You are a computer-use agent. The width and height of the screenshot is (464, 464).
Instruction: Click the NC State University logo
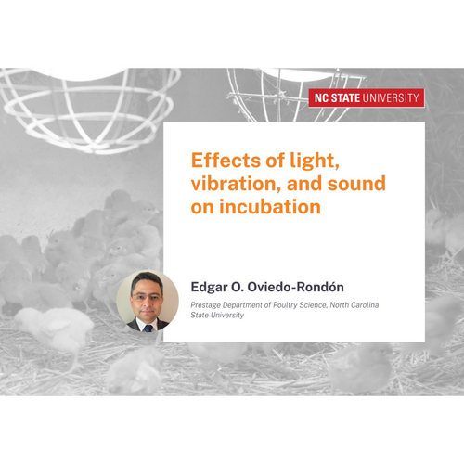tap(367, 98)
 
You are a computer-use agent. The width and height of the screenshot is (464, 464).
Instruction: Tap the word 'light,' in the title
tap(315, 161)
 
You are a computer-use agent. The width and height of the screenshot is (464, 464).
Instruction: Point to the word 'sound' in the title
tap(356, 184)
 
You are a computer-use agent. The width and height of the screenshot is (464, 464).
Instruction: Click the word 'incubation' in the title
tap(270, 207)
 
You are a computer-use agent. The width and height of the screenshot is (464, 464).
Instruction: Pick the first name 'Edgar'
tap(209, 288)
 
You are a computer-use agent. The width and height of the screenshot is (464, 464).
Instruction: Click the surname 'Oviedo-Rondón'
tap(295, 287)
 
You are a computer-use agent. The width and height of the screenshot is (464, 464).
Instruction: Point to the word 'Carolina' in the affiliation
tap(363, 305)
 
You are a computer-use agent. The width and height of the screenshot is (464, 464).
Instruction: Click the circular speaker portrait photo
tap(148, 302)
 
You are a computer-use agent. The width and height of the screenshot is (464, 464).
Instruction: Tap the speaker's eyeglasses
tap(147, 298)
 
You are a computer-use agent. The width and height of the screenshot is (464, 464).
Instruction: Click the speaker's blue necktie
tap(148, 328)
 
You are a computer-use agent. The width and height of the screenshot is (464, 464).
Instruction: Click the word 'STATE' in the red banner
tap(345, 98)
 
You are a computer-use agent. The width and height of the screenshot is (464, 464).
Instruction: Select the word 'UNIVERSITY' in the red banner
tap(391, 98)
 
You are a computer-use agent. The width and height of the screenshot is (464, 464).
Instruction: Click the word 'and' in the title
tap(304, 184)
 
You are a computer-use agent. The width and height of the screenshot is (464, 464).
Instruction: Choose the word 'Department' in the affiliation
tap(242, 305)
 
